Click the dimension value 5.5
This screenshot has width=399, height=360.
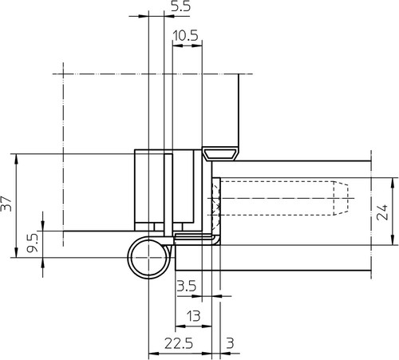pos(180,6)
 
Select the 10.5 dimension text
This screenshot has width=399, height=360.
pos(186,35)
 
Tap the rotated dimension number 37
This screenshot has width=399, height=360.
pos(6,204)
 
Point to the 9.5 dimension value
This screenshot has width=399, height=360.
pos(33,243)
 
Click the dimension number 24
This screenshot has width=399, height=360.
pos(382,212)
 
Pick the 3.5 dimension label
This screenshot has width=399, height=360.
pos(187,286)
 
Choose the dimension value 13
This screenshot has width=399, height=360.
pos(193,316)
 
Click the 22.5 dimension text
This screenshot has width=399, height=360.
pos(179,343)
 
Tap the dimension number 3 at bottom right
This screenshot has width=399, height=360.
pos(231,343)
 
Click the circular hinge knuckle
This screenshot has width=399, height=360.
pos(128,258)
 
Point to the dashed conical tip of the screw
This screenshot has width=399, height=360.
pos(341,198)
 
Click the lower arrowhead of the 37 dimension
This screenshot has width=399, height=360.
pos(17,252)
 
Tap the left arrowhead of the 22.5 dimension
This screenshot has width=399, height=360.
pos(153,354)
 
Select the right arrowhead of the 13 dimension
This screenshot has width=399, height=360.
pos(207,326)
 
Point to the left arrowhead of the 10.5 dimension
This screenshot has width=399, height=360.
pos(178,45)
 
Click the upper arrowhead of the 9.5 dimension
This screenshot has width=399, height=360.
pos(43,226)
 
